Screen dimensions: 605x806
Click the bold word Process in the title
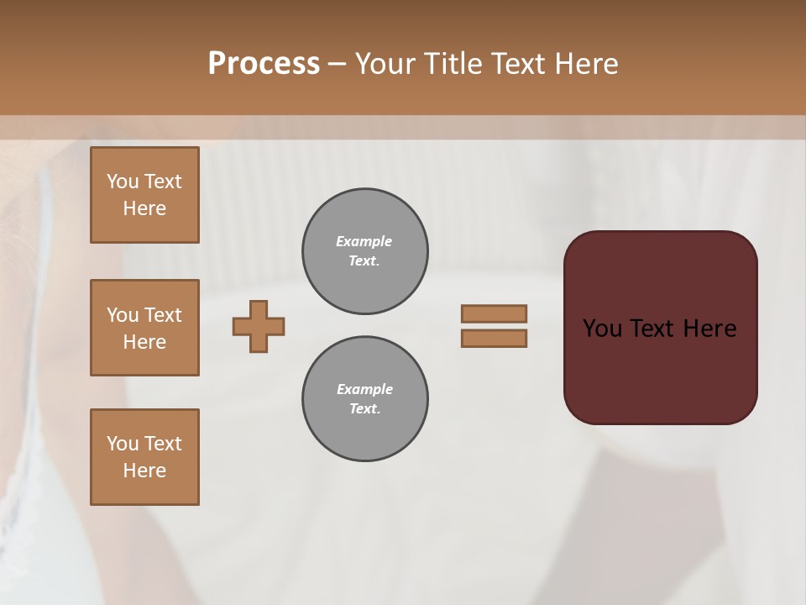click(x=264, y=64)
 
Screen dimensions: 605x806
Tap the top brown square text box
click(x=144, y=195)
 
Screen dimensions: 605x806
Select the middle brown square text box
click(x=144, y=328)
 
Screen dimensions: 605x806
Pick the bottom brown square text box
click(x=144, y=457)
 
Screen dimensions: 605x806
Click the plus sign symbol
click(x=259, y=326)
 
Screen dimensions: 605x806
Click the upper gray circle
click(x=364, y=251)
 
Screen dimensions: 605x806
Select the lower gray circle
click(x=364, y=399)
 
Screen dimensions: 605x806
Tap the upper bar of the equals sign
click(x=494, y=313)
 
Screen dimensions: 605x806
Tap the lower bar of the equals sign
click(x=494, y=339)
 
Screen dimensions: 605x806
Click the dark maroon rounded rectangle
click(x=660, y=370)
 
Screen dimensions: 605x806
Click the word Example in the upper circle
click(x=364, y=241)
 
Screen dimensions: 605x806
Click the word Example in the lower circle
click(x=364, y=389)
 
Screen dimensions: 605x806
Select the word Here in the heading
click(x=586, y=64)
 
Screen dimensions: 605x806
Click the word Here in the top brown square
click(x=144, y=208)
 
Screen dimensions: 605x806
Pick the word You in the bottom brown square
click(x=123, y=444)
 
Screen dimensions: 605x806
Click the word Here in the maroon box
click(x=709, y=329)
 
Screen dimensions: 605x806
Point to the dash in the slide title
click(x=337, y=64)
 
